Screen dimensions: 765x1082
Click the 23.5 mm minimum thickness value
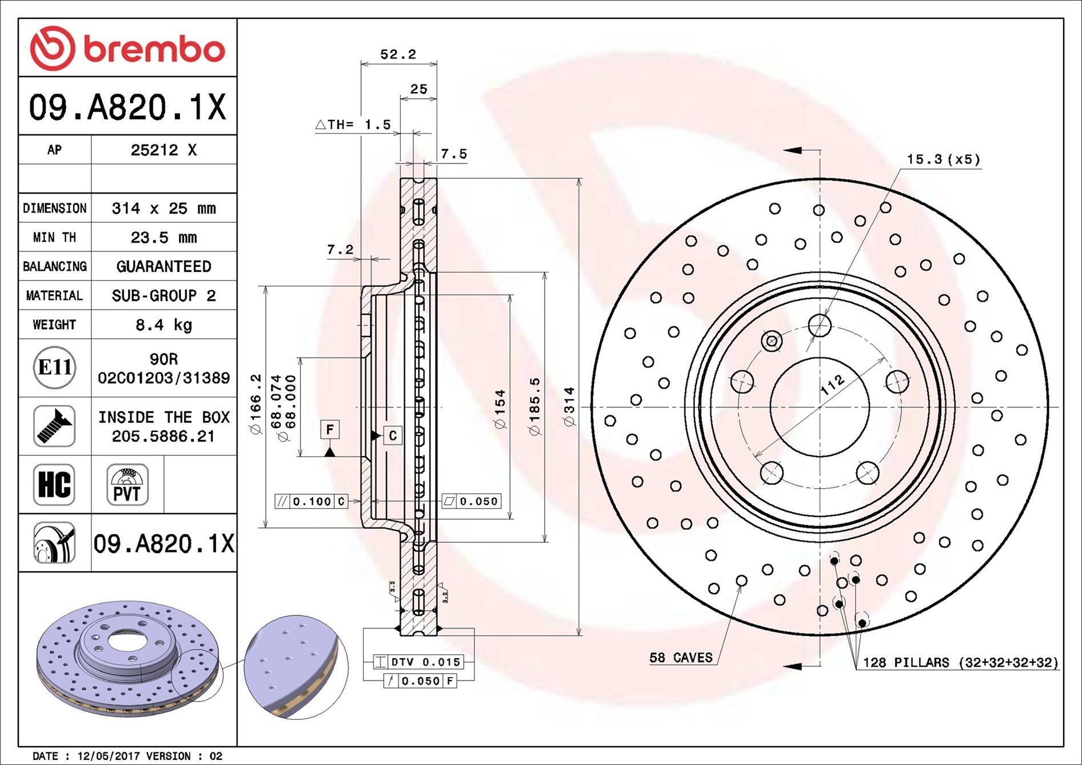click(x=163, y=237)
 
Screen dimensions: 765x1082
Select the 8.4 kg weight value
click(x=163, y=325)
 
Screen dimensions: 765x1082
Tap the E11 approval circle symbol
click(x=54, y=367)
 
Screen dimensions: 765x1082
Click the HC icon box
click(x=54, y=484)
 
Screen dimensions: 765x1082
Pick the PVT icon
click(x=127, y=484)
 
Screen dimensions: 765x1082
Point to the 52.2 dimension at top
click(x=398, y=54)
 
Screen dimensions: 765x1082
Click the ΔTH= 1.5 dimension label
click(x=353, y=124)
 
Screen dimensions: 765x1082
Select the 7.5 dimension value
click(x=454, y=154)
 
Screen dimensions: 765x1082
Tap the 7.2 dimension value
click(x=340, y=250)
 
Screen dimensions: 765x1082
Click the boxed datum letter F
click(x=330, y=429)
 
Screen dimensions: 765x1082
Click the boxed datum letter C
click(x=393, y=435)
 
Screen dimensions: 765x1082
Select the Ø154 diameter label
click(x=500, y=409)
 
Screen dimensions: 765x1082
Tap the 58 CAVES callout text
click(x=681, y=658)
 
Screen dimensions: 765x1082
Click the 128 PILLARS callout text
click(x=960, y=662)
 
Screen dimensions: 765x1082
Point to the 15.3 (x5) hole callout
click(x=943, y=159)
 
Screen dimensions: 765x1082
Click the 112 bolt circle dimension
click(x=832, y=384)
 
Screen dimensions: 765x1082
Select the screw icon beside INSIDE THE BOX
click(x=54, y=426)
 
